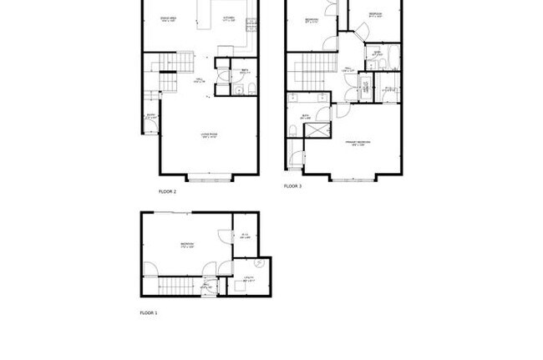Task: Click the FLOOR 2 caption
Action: pos(167,191)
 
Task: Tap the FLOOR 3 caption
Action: pos(292,186)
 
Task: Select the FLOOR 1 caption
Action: pos(148,312)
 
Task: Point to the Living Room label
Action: pos(208,134)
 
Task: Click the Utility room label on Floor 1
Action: pos(248,279)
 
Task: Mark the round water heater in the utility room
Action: pos(259,264)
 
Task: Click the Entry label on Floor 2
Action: pos(151,117)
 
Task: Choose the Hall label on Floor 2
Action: pos(200,82)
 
